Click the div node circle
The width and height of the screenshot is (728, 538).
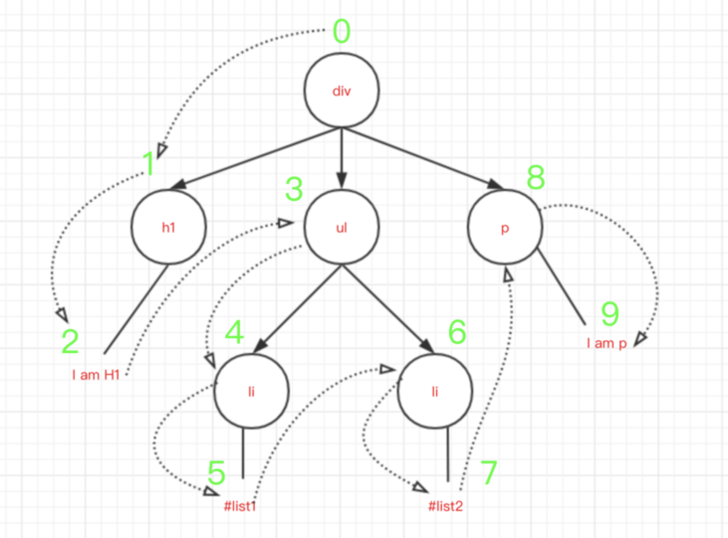342,90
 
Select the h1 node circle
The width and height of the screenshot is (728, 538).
168,227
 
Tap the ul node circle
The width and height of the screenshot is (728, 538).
342,227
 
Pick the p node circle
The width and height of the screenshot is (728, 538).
505,227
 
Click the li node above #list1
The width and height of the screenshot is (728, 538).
251,391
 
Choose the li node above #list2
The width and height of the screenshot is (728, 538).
434,391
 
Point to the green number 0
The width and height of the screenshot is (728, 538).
342,31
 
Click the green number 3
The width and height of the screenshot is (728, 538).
294,189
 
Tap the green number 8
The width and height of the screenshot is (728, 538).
536,177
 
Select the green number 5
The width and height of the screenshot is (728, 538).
216,473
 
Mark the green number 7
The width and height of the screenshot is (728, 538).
488,473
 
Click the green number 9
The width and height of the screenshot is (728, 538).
610,314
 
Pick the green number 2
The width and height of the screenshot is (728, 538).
70,342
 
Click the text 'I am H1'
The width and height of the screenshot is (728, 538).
96,375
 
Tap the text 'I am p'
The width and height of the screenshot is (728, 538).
606,343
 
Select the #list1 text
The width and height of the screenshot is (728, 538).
240,506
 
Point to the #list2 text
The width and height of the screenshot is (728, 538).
445,506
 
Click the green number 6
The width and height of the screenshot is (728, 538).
457,332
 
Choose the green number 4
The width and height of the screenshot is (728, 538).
234,332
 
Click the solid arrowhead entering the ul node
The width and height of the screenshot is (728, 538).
342,180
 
